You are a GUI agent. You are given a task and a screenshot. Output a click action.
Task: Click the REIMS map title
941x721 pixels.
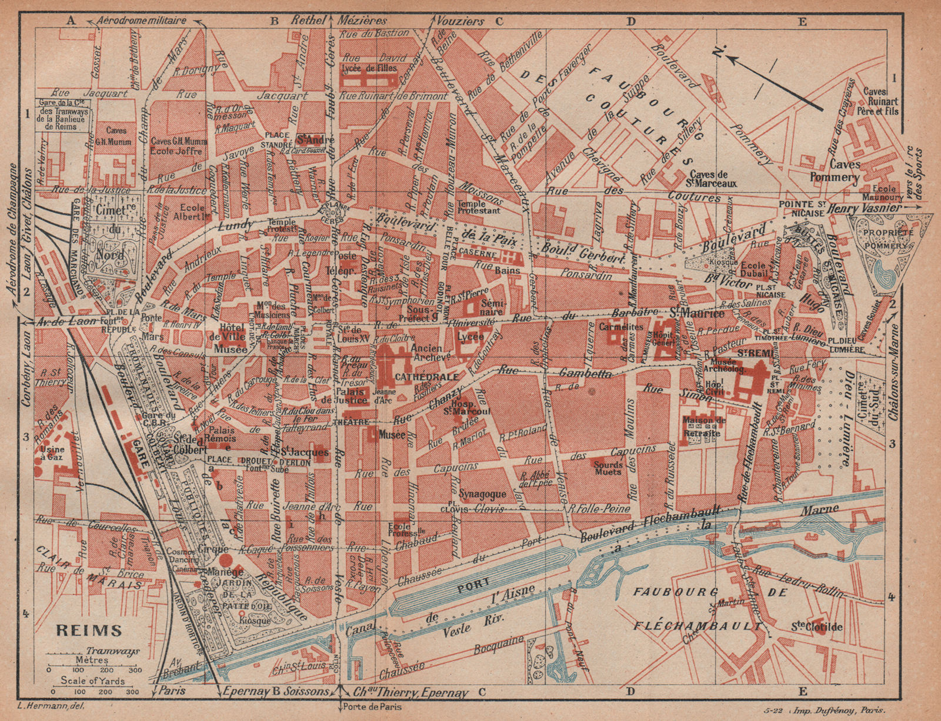point(89,631)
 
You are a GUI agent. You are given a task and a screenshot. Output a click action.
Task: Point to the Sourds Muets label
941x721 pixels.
point(608,467)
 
